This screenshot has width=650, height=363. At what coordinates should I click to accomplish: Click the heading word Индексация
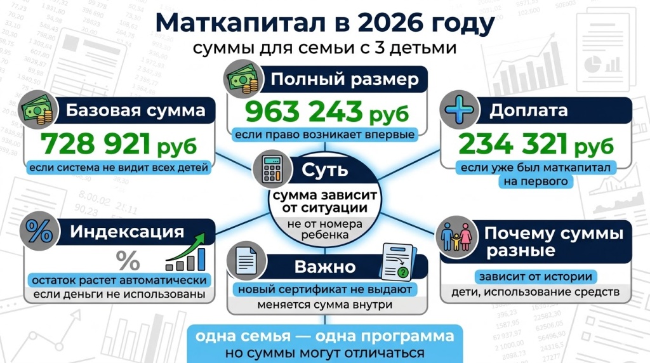(x=127, y=232)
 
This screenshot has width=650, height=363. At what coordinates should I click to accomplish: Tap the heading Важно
(x=325, y=267)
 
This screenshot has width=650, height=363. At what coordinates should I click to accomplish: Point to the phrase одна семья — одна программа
(x=325, y=336)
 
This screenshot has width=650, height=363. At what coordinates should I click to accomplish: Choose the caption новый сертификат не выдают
(x=325, y=290)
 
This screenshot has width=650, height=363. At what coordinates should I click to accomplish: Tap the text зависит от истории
(x=535, y=277)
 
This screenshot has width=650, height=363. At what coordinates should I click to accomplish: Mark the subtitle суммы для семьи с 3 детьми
(x=325, y=48)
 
